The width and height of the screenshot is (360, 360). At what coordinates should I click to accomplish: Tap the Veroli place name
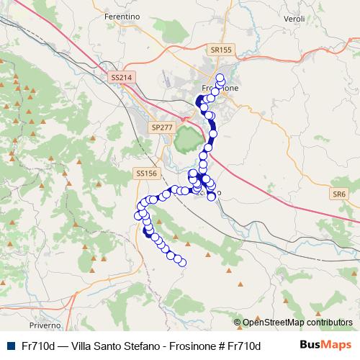[295, 18]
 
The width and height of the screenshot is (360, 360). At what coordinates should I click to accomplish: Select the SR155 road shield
[222, 50]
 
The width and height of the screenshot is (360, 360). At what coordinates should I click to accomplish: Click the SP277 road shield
[162, 127]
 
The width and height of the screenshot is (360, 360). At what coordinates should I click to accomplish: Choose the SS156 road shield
[145, 174]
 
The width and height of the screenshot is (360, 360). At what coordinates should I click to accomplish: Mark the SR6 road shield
[339, 194]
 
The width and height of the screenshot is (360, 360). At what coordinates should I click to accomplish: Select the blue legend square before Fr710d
[9, 346]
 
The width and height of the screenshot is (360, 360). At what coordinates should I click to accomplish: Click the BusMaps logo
[330, 346]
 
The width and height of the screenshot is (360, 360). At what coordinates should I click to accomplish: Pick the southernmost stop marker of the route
[182, 263]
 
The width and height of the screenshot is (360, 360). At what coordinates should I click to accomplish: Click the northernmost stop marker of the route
[220, 77]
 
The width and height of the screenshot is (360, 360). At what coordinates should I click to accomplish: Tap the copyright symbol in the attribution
[238, 323]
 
